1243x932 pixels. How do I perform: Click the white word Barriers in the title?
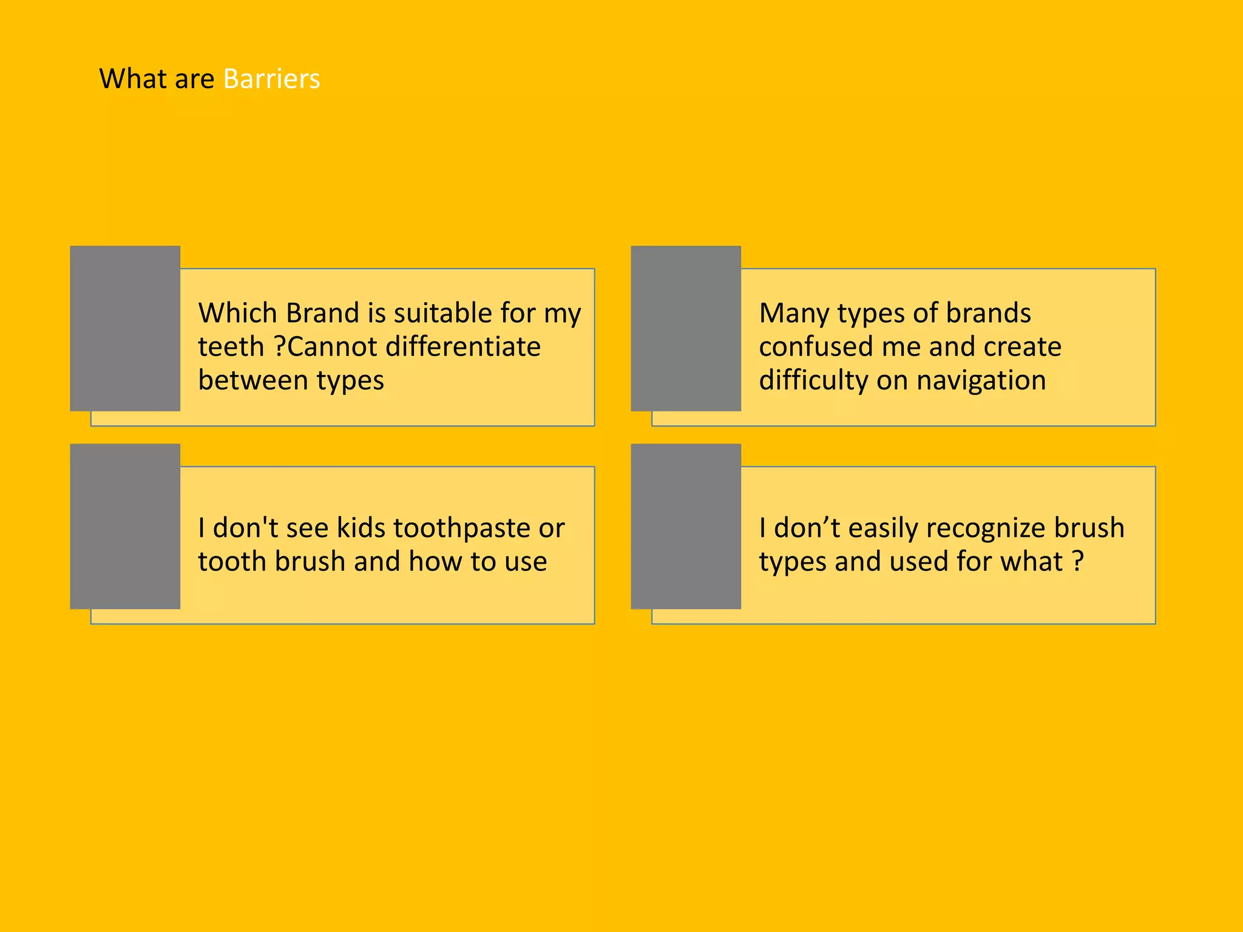pyautogui.click(x=271, y=79)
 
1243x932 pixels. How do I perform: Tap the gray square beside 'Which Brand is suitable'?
pyautogui.click(x=125, y=328)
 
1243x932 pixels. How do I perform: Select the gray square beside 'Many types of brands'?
pyautogui.click(x=686, y=328)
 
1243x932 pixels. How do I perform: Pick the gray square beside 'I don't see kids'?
pyautogui.click(x=125, y=526)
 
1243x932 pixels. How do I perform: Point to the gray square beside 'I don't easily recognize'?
pyautogui.click(x=686, y=526)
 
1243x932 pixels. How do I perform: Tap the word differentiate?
pyautogui.click(x=463, y=347)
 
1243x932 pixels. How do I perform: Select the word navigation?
pyautogui.click(x=981, y=381)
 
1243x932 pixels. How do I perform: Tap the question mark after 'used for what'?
pyautogui.click(x=1078, y=561)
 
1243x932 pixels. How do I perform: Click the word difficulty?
pyautogui.click(x=813, y=381)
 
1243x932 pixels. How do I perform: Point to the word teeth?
pyautogui.click(x=231, y=347)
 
